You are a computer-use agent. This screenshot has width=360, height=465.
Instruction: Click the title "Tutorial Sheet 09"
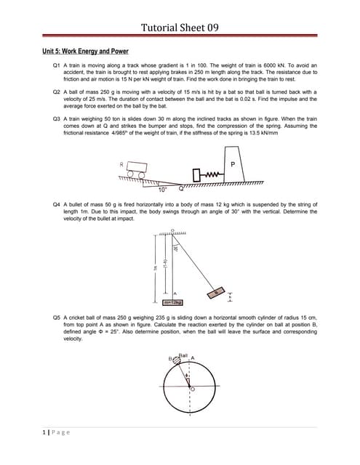[x=180, y=28]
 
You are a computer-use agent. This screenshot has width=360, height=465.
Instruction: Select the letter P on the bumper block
[x=233, y=165]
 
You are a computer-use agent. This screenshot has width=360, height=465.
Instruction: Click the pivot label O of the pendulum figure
[x=173, y=230]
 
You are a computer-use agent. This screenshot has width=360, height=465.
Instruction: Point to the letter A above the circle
[x=192, y=357]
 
